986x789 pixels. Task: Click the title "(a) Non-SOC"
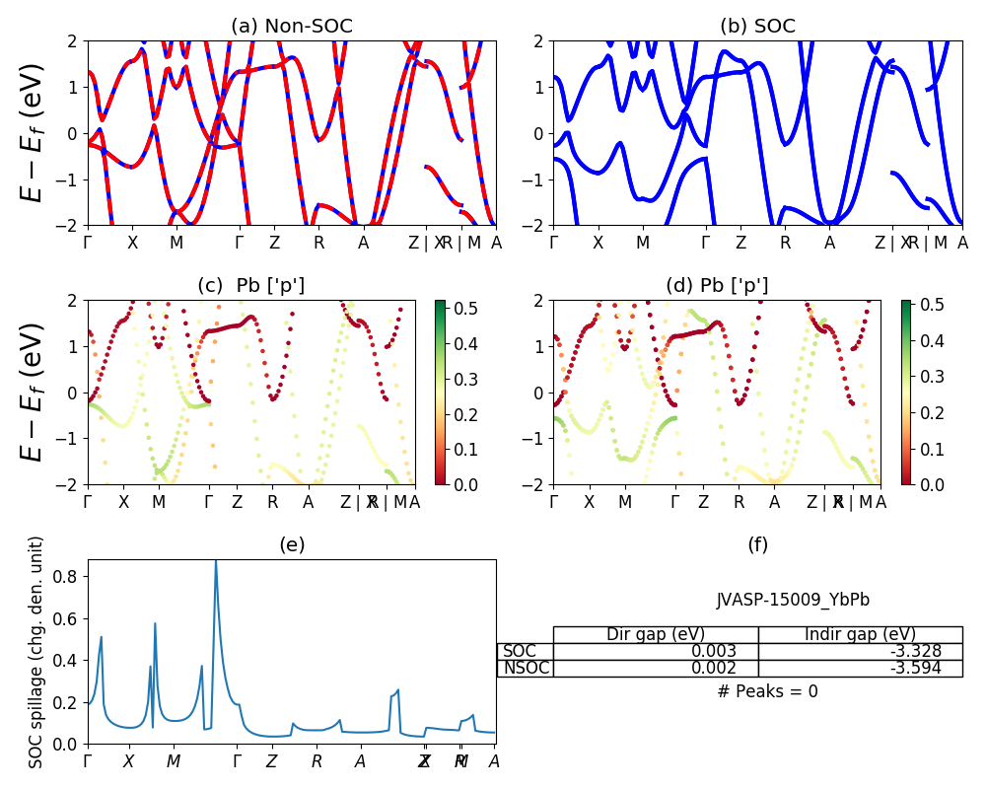click(x=291, y=27)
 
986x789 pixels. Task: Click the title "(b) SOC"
click(x=757, y=27)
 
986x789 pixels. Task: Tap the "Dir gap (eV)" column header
click(x=656, y=634)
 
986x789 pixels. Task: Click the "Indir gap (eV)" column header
click(x=860, y=634)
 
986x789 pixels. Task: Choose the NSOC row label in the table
click(x=526, y=668)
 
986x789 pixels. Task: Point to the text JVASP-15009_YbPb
click(x=793, y=600)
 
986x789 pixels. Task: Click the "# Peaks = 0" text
click(x=767, y=691)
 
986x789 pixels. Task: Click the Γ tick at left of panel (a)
click(x=88, y=243)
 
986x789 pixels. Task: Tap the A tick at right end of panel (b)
click(x=962, y=243)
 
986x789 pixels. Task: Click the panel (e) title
click(x=292, y=544)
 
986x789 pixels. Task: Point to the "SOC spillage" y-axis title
click(x=36, y=652)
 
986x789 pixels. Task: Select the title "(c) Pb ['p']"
click(x=250, y=286)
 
